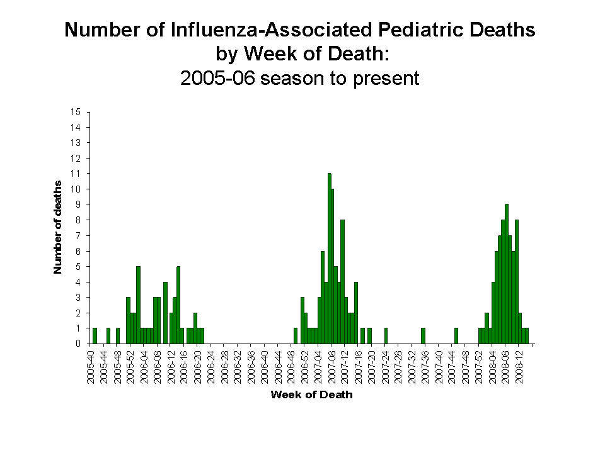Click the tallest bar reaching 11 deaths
(329, 258)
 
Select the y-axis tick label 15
(76, 112)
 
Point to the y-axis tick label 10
(76, 189)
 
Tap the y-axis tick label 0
(78, 344)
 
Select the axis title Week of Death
(311, 395)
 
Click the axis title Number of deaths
(58, 227)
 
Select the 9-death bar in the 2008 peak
(507, 274)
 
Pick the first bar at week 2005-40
(95, 336)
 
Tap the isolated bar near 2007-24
(386, 336)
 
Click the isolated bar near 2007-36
(423, 336)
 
